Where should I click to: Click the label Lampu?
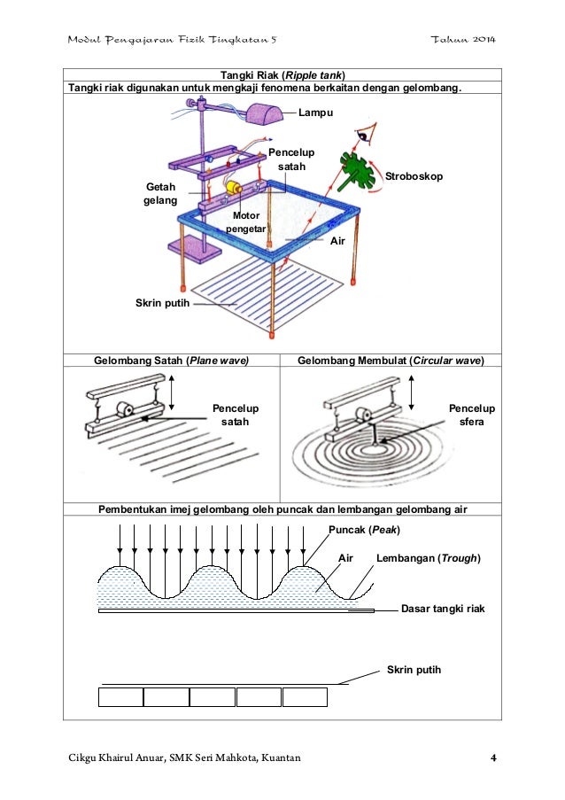click(309, 113)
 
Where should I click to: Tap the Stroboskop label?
click(414, 177)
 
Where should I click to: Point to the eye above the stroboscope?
click(363, 136)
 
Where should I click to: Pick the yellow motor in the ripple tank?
click(235, 188)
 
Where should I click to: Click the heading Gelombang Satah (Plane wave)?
click(171, 360)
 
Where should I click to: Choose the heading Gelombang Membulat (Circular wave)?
click(391, 360)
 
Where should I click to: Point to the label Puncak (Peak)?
click(364, 530)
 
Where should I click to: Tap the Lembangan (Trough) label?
click(428, 558)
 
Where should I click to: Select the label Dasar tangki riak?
click(444, 609)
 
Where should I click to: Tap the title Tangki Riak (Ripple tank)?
click(282, 74)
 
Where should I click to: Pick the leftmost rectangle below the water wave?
click(120, 696)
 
